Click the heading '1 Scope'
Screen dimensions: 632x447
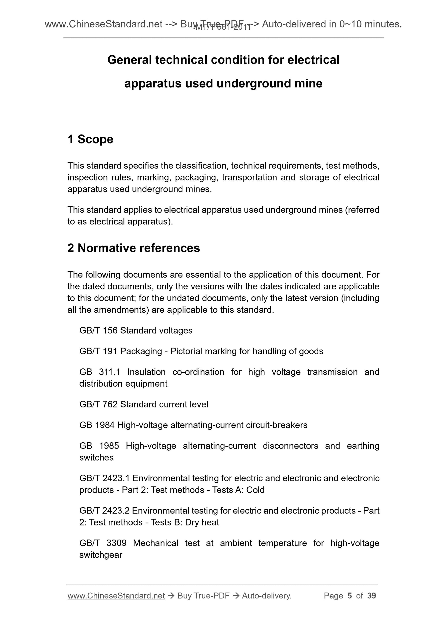[x=90, y=139]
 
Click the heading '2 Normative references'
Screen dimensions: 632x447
[x=134, y=248]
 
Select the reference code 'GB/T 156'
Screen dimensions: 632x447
[x=98, y=330]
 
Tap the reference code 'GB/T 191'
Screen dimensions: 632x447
[x=98, y=351]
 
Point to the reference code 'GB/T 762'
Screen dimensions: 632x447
[x=98, y=404]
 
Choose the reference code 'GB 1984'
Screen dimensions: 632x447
[x=97, y=425]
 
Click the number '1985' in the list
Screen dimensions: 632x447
[x=109, y=446]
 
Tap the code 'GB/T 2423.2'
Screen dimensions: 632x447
[x=104, y=511]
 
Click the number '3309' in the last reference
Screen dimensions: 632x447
[x=116, y=543]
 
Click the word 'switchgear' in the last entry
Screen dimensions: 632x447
[x=101, y=555]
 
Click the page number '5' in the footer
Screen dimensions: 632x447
[x=350, y=596]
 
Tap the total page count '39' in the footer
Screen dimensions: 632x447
[x=371, y=596]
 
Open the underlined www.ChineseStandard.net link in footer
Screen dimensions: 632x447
[x=116, y=596]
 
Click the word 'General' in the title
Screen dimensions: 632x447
[x=130, y=60]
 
